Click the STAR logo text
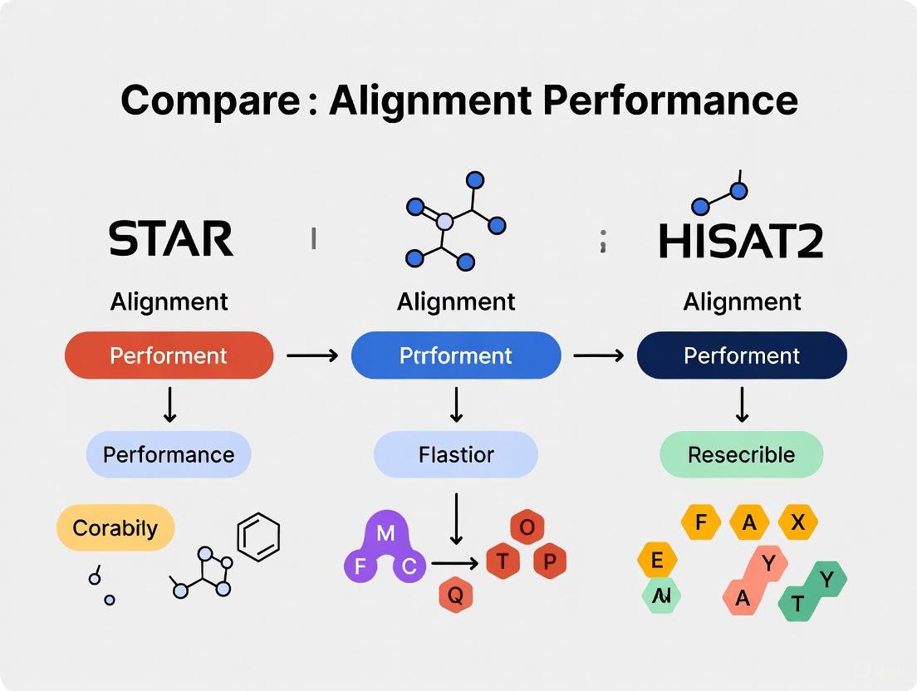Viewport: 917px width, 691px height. point(171,238)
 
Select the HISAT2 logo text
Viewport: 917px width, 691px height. point(740,240)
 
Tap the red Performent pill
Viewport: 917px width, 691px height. point(169,355)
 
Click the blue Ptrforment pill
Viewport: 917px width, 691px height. point(456,355)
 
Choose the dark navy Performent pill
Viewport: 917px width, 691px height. point(742,355)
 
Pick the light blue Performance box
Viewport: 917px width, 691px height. point(169,454)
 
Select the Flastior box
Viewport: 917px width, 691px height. point(456,454)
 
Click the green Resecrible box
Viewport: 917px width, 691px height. point(741,454)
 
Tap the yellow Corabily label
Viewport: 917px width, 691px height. point(115,527)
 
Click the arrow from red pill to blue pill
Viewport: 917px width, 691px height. point(311,355)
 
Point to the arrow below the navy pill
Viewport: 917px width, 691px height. point(742,404)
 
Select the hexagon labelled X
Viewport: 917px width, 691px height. point(797,522)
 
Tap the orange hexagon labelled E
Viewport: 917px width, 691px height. point(657,561)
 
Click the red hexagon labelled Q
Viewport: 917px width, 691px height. point(455,595)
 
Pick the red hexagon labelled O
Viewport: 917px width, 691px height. point(526,527)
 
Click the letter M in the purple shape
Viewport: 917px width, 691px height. point(385,534)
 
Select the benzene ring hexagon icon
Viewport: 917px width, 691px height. point(258,537)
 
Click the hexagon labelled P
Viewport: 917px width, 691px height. point(548,562)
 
